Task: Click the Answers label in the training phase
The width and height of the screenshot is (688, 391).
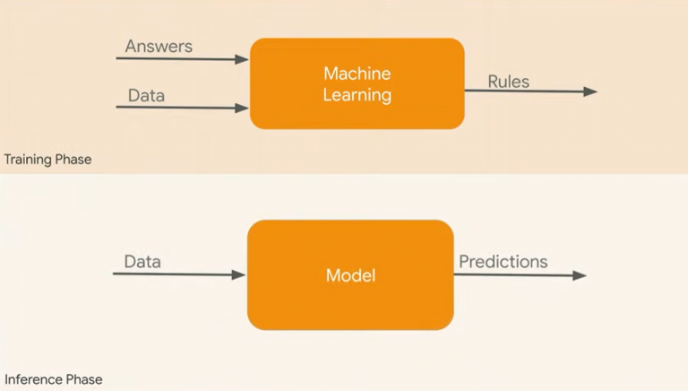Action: coord(159,46)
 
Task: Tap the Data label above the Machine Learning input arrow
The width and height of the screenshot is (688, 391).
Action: coord(145,94)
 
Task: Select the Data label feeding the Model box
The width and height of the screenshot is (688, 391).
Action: coord(142,262)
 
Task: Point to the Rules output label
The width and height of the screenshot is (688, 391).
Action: coord(508,82)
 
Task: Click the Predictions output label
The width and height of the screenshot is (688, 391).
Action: coord(503,262)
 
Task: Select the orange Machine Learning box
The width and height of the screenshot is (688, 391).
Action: coord(357,83)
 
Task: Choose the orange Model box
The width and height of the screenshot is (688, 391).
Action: coord(350,275)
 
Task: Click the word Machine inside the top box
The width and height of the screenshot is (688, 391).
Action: coord(357,73)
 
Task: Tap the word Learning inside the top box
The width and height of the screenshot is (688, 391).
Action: coord(357,95)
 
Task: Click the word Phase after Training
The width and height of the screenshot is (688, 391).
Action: coord(74,160)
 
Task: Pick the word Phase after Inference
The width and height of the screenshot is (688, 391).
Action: coord(83,379)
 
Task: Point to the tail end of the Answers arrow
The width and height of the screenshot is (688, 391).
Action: coord(118,59)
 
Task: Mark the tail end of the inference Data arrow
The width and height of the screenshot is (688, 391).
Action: coord(115,274)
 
